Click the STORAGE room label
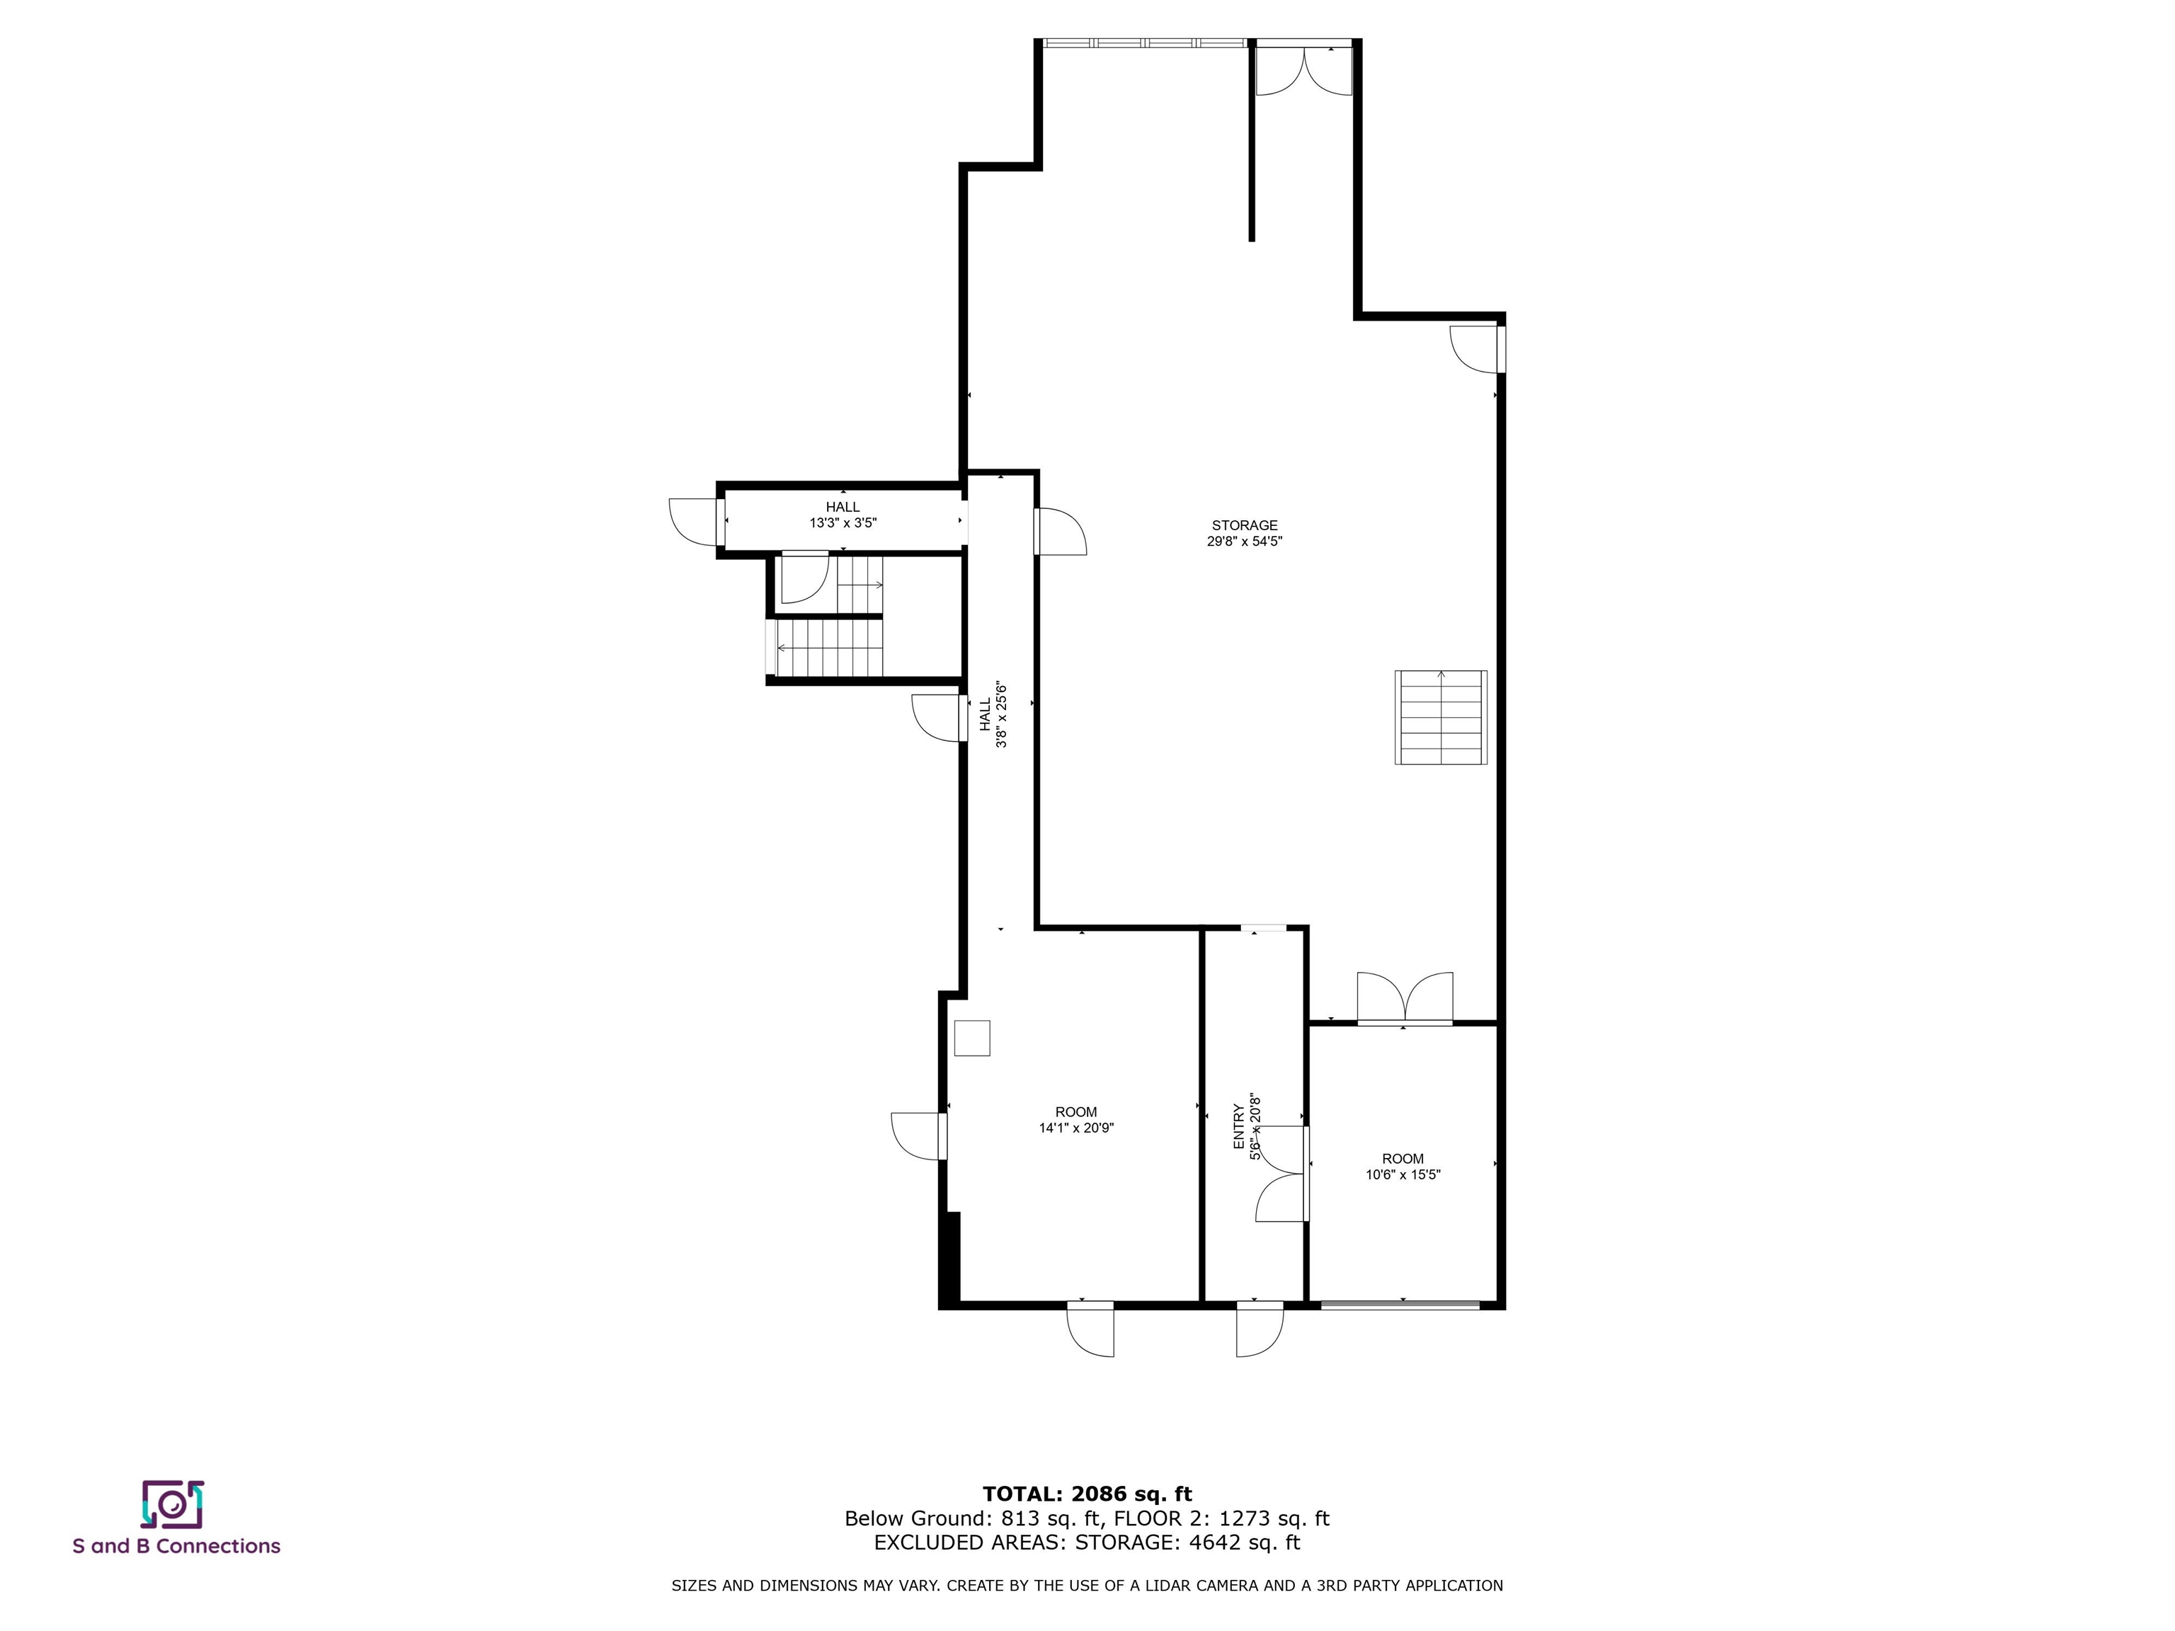pos(1244,526)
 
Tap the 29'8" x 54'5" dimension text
pos(1244,542)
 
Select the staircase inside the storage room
pos(1441,716)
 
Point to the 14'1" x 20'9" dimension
pos(1075,1128)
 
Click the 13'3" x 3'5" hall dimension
pos(843,524)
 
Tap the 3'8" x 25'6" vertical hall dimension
pos(1002,715)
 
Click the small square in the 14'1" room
pos(971,1038)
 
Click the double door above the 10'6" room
pos(1404,999)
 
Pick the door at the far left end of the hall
pos(695,522)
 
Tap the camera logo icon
pos(172,1505)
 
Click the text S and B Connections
pos(177,1547)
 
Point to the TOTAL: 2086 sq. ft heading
pos(1087,1495)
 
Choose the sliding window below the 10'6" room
pos(1400,1305)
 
